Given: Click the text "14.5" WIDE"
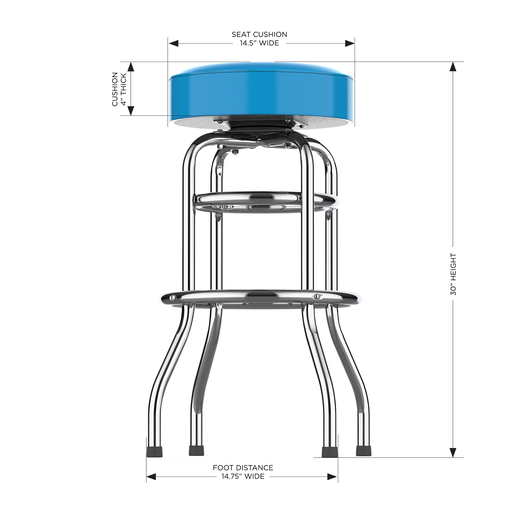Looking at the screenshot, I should (259, 43).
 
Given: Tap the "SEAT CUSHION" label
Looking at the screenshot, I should (259, 35).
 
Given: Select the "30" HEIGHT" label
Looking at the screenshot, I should (453, 274).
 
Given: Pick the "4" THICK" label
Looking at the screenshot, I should (124, 89).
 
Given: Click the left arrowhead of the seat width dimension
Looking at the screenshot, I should (173, 43).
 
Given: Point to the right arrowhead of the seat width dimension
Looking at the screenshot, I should (350, 43).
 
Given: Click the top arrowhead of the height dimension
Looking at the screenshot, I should (453, 66).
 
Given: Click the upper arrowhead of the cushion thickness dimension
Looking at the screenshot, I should (131, 67).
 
